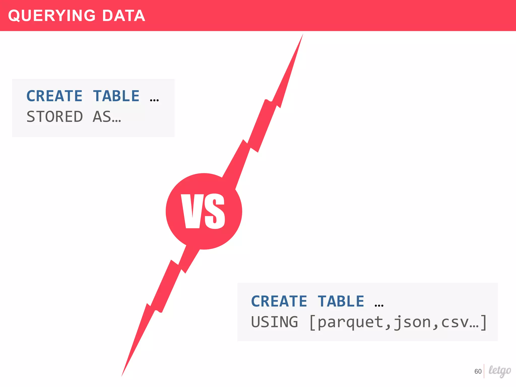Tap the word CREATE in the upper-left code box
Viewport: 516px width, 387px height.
click(x=54, y=96)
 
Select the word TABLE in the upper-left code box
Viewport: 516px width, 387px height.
click(x=116, y=96)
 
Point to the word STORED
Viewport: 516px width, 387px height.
click(x=55, y=117)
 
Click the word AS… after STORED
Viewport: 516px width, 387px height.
click(x=107, y=117)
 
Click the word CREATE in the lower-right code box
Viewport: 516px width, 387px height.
click(x=279, y=301)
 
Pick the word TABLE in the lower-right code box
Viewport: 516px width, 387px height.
click(x=341, y=301)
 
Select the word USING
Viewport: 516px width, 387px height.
click(x=275, y=322)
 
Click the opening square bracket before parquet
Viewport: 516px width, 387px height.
click(x=312, y=322)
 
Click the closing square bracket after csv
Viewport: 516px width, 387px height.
click(x=483, y=322)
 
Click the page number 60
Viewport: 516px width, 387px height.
click(x=478, y=371)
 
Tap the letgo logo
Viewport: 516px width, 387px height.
click(x=500, y=371)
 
